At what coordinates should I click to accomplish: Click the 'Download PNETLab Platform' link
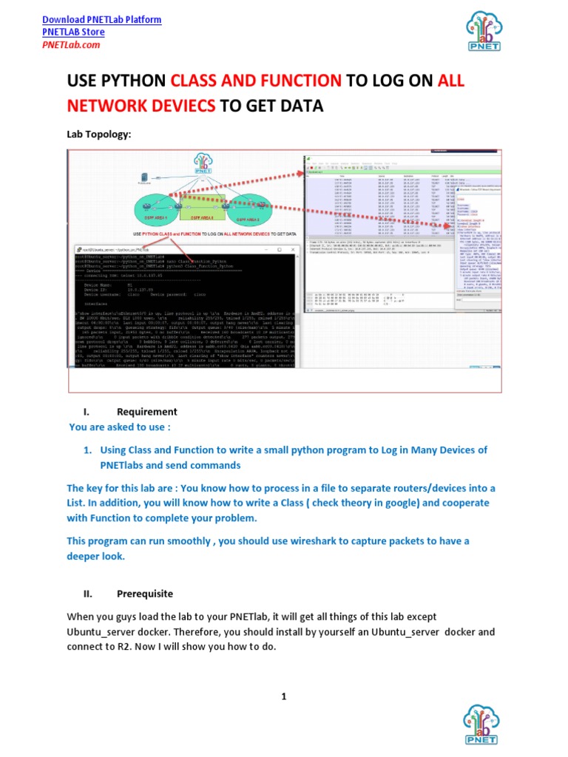[x=101, y=20]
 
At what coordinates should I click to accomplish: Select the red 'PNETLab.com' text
[x=71, y=45]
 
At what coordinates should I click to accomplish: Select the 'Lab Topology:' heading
[x=98, y=135]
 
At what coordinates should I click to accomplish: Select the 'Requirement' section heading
[x=146, y=412]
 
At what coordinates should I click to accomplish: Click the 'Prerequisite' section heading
[x=145, y=594]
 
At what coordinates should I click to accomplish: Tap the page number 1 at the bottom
[x=283, y=696]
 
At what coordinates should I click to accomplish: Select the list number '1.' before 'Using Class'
[x=87, y=450]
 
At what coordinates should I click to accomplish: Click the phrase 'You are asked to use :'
[x=119, y=427]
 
